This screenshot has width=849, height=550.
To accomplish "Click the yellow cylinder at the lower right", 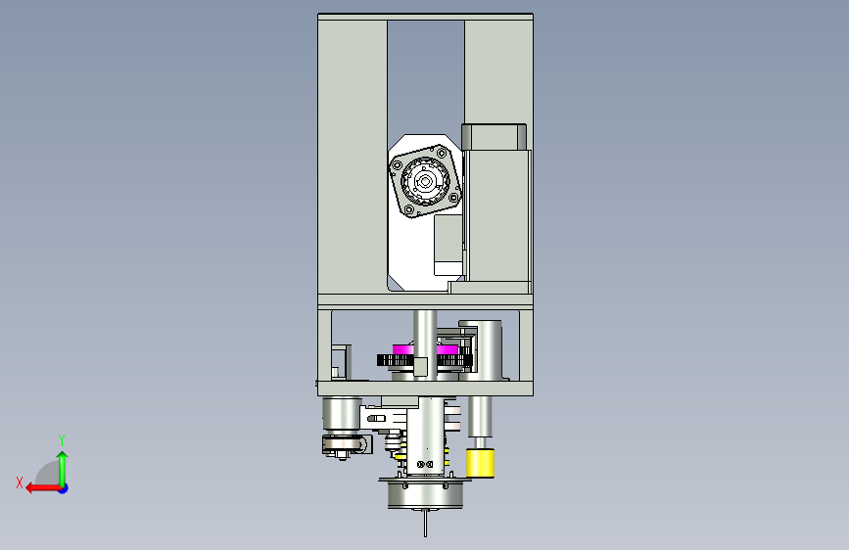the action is click(480, 463).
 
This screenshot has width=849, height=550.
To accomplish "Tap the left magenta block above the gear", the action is click(402, 349).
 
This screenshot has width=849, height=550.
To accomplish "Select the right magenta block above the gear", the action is click(448, 349).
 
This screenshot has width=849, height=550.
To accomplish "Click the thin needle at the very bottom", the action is click(425, 523).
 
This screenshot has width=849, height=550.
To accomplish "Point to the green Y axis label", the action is click(62, 439).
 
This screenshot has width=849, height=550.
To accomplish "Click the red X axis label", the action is click(20, 482).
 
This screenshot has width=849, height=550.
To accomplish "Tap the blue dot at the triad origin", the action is click(64, 488).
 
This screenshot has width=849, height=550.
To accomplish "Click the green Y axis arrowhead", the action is click(63, 457).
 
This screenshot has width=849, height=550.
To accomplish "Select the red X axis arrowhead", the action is click(31, 488).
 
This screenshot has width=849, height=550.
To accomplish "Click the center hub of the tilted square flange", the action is click(425, 181).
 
